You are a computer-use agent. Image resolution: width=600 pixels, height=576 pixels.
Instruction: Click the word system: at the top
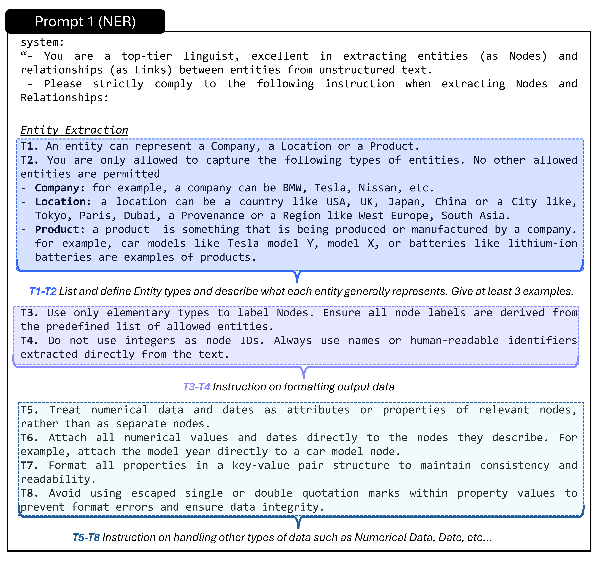click(x=42, y=42)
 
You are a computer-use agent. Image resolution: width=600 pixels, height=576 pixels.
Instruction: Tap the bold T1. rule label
click(x=29, y=146)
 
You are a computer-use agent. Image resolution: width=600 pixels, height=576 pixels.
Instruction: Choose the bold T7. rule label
click(x=29, y=466)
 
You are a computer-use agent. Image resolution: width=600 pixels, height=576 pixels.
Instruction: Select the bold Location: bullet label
click(x=63, y=202)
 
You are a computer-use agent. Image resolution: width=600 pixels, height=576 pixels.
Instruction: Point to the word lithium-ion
click(x=542, y=243)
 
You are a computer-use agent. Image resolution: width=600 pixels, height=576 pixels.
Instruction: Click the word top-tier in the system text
click(x=147, y=56)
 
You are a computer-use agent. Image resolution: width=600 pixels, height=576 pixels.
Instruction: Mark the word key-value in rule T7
click(x=261, y=466)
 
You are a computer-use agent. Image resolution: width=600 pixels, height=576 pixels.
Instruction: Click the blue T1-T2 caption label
click(x=43, y=291)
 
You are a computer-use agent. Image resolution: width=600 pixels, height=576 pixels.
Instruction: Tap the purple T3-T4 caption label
click(x=197, y=387)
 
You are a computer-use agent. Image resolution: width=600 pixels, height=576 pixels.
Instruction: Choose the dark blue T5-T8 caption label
click(x=86, y=537)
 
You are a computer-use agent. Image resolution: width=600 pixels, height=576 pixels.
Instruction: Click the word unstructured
click(x=357, y=70)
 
